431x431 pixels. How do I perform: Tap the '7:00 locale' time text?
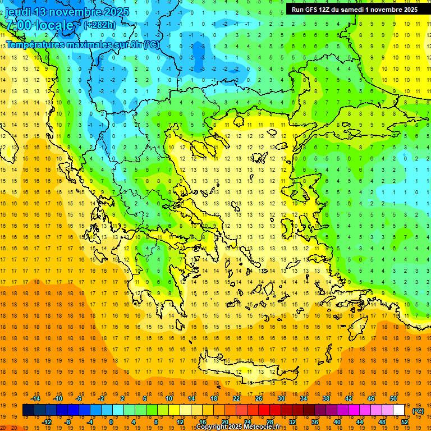coord(39,25)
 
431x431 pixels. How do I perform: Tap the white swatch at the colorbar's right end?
coord(398,410)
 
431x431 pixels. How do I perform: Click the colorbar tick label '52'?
coord(404,422)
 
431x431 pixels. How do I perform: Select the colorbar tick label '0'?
coord(111,422)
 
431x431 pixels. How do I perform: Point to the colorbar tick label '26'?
coord(259,398)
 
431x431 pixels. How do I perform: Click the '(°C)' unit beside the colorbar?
coord(418,411)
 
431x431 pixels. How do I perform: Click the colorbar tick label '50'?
coord(393,398)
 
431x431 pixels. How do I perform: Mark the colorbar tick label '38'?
coord(325,398)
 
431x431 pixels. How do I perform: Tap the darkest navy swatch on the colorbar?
coord(28,410)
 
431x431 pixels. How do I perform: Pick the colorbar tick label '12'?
coord(180,422)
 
